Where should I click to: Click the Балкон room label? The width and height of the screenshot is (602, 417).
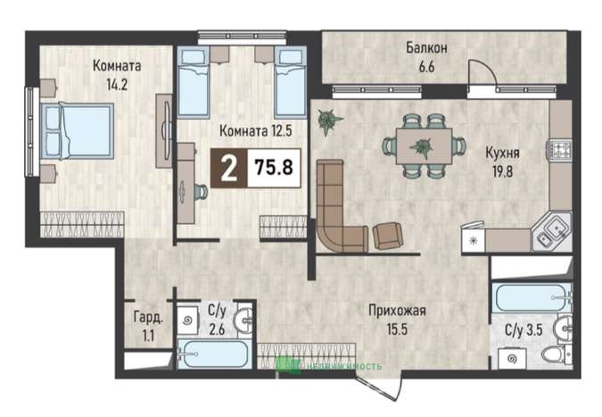426,48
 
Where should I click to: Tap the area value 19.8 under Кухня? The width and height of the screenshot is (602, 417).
503,171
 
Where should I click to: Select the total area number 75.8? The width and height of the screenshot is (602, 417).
274,168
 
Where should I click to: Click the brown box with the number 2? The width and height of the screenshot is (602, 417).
229,168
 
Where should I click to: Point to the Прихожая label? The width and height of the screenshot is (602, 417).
397,310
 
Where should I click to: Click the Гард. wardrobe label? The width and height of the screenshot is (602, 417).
149,318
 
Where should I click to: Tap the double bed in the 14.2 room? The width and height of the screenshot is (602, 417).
78,131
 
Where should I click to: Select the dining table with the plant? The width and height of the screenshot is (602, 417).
424,146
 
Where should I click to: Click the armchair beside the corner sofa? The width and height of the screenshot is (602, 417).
388,236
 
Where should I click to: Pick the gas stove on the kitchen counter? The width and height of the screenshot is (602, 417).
559,150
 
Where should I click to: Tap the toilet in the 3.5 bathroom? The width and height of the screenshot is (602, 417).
556,354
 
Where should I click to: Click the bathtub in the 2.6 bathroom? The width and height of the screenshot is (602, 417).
213,354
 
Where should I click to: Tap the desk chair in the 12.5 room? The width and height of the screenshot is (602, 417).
201,191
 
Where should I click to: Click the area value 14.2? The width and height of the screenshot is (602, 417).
117,85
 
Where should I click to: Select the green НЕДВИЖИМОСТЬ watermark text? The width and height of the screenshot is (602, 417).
343,366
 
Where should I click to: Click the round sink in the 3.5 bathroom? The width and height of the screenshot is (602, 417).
563,329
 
